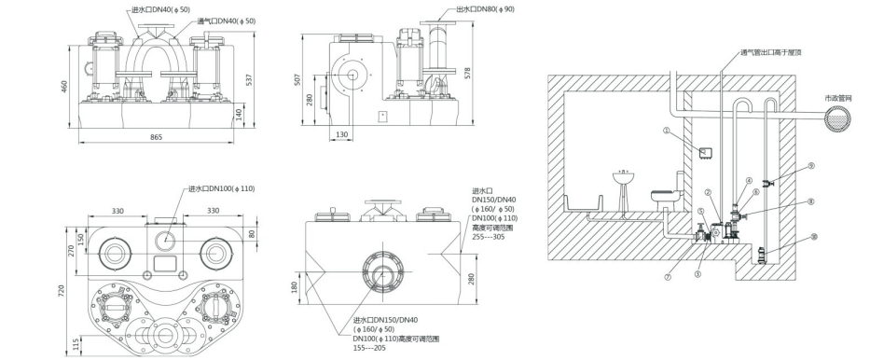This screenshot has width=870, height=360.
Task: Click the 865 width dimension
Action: click(x=156, y=137)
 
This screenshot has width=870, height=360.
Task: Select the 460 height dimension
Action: click(x=63, y=86)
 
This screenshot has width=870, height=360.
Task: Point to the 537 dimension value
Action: click(x=249, y=80)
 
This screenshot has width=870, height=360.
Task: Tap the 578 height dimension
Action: click(x=468, y=74)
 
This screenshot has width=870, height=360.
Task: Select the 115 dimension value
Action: click(x=74, y=343)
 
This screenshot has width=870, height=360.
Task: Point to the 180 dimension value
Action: click(x=294, y=286)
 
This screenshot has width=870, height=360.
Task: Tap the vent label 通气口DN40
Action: click(x=227, y=21)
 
